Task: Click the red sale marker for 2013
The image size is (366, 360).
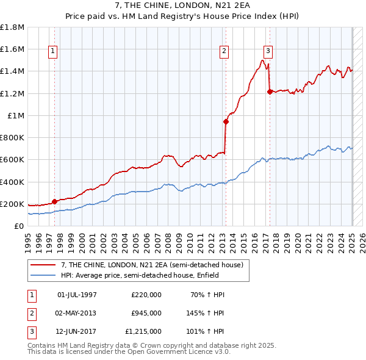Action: (x=226, y=121)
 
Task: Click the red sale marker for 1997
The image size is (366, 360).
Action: (x=54, y=201)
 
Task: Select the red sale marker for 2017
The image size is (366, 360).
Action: (x=270, y=92)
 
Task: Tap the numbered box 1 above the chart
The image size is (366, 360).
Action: (x=53, y=52)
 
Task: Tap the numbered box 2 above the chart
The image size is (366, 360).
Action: (x=224, y=52)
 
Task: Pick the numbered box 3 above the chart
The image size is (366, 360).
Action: (x=268, y=52)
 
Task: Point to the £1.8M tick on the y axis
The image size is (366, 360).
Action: (x=12, y=27)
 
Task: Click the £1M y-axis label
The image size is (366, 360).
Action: (x=16, y=116)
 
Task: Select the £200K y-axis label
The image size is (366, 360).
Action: (x=12, y=204)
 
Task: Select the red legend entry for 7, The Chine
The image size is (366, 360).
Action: (x=151, y=265)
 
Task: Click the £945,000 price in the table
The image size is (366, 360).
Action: (x=146, y=313)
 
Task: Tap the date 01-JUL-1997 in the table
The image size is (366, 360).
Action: (x=77, y=295)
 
